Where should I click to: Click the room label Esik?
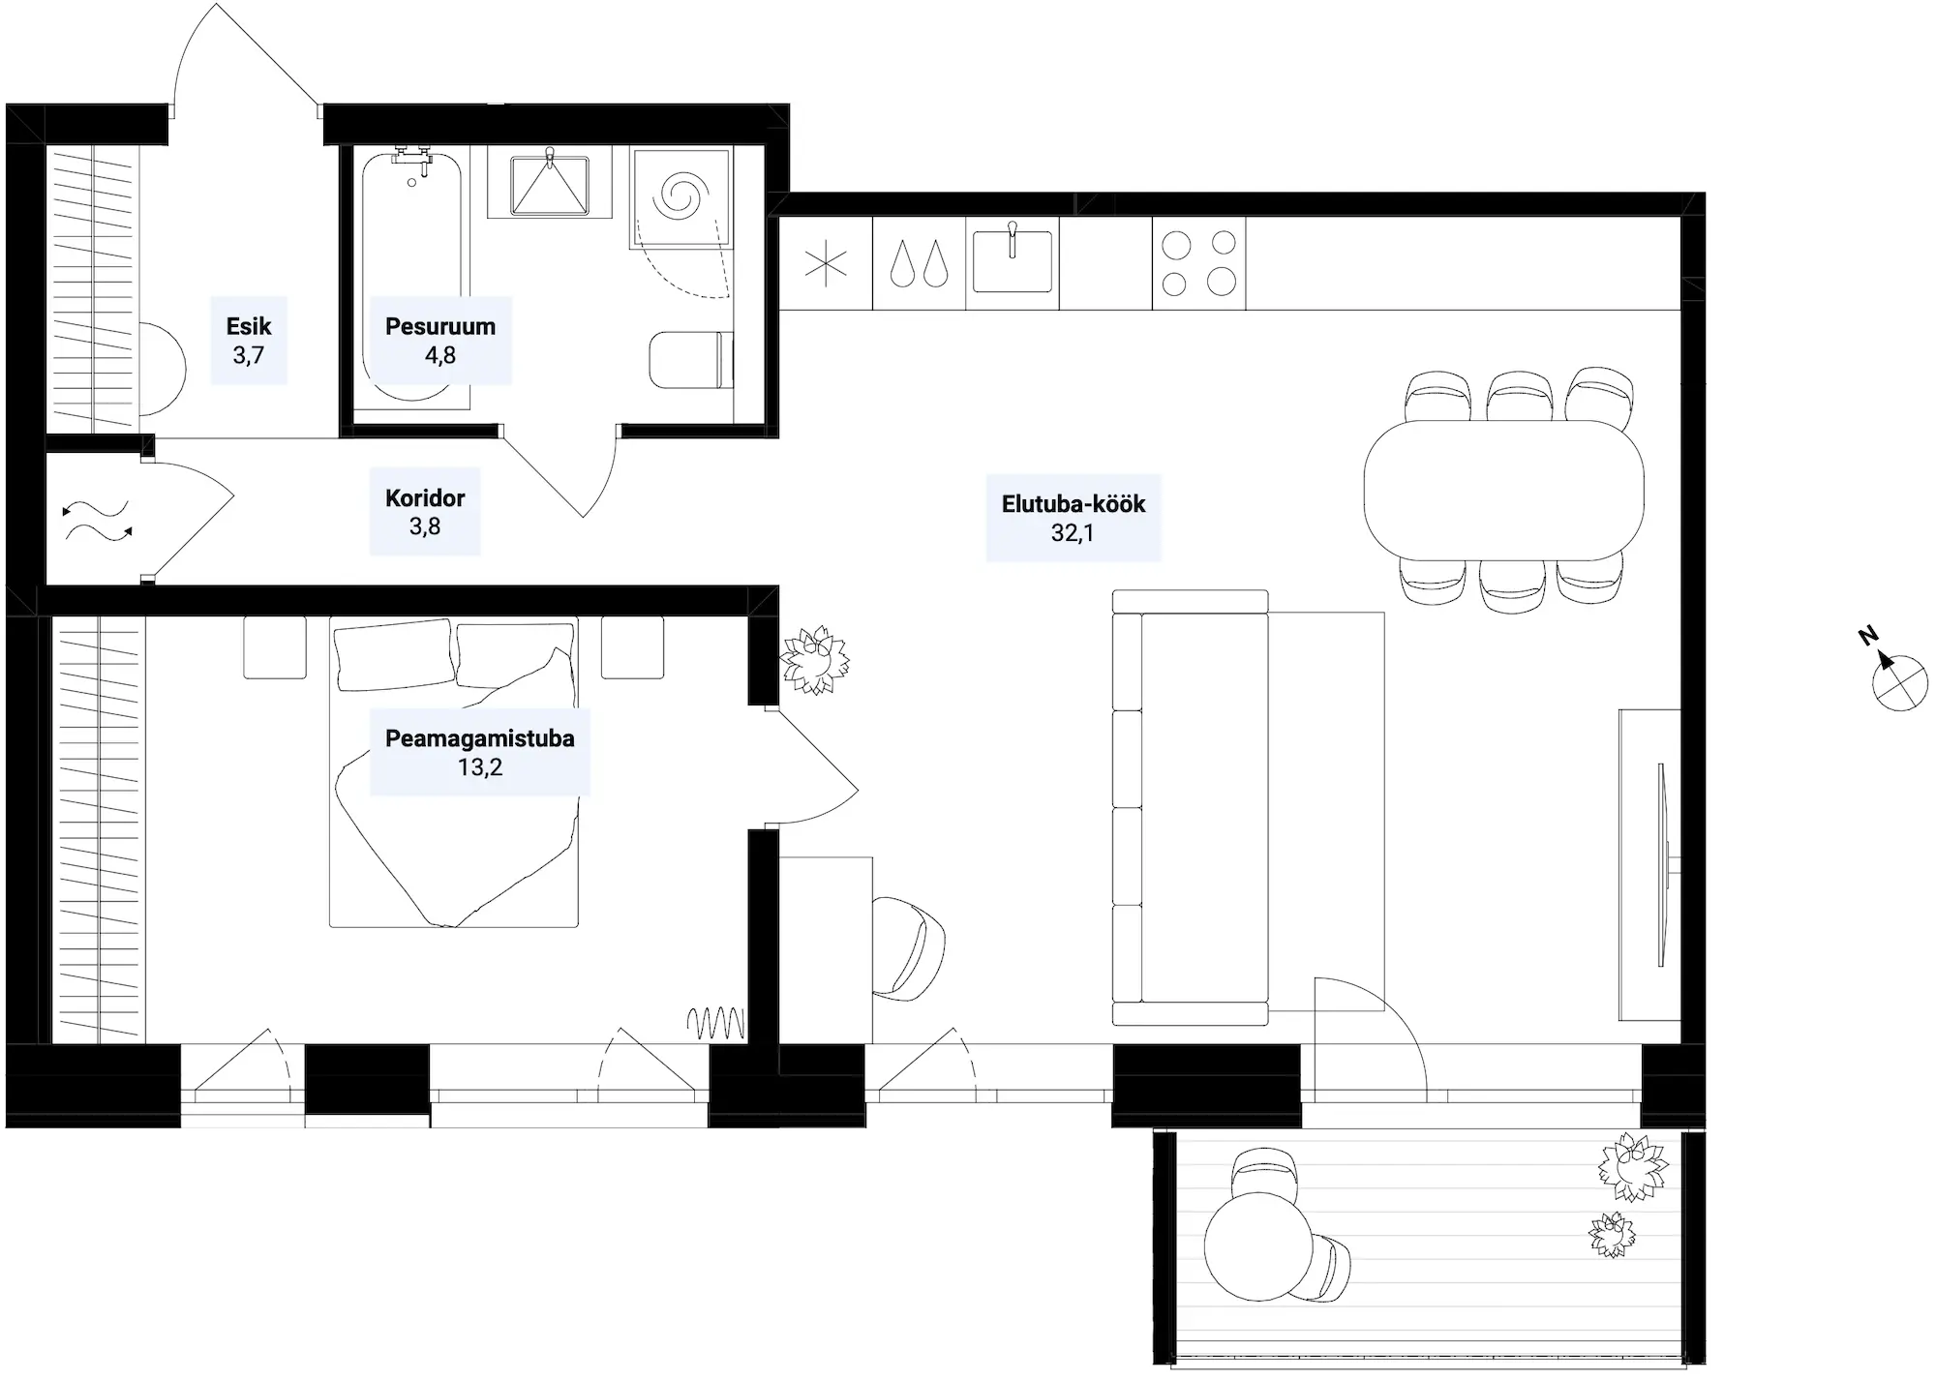click(249, 326)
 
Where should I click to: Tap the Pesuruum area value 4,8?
click(439, 355)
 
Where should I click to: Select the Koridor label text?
click(425, 498)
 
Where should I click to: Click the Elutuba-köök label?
click(1074, 504)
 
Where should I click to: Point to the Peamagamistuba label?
click(480, 738)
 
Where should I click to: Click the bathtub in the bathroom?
click(411, 276)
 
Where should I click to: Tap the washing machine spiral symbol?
click(680, 197)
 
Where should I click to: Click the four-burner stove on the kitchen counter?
click(1198, 263)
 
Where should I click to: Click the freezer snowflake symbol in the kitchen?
click(826, 263)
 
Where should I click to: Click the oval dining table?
click(1503, 490)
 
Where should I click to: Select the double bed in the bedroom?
click(454, 771)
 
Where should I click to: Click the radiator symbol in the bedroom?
click(716, 1023)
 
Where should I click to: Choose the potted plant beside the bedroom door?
click(815, 660)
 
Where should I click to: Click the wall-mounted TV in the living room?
click(1661, 864)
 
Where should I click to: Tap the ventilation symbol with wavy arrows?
click(97, 522)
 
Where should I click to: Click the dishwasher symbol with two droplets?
click(919, 262)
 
